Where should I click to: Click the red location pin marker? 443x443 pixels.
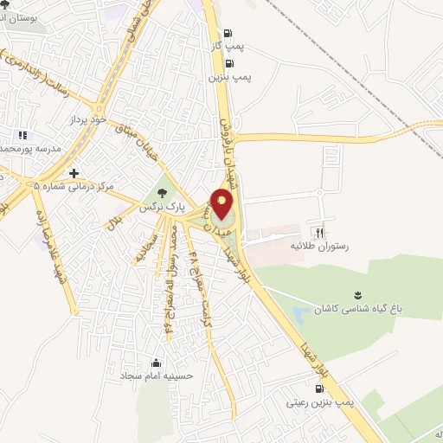point(222,204)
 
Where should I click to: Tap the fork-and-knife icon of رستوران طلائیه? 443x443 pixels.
point(319,231)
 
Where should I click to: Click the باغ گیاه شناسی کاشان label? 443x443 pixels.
point(360,309)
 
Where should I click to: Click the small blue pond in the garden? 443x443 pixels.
point(303,311)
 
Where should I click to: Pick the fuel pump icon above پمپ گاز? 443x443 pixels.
point(227,35)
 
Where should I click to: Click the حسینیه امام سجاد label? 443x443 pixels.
point(156,377)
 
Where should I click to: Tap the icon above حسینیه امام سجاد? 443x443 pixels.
point(156,363)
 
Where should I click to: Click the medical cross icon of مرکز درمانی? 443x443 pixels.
point(74,173)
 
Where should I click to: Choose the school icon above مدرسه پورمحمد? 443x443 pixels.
point(22,135)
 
